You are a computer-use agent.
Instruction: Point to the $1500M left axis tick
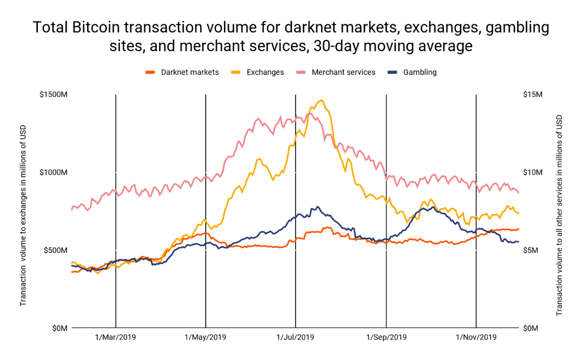[x=53, y=94]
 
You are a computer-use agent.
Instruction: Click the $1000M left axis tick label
[x=53, y=172]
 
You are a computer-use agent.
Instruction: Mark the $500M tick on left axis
[x=55, y=250]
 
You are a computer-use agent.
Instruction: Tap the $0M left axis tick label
[x=59, y=328]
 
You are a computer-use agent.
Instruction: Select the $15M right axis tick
[x=533, y=94]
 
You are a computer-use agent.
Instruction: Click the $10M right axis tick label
[x=533, y=172]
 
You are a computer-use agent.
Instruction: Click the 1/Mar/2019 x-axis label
[x=115, y=337]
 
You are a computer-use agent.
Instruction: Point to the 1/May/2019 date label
[x=205, y=337]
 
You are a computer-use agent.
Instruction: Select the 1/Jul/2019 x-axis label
[x=296, y=337]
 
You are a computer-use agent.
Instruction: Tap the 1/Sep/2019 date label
[x=386, y=337]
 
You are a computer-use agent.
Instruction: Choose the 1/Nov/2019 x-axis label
[x=476, y=337]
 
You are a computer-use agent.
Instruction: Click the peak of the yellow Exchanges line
[x=322, y=100]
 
